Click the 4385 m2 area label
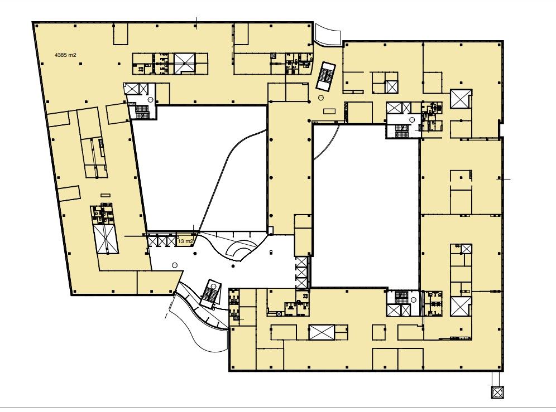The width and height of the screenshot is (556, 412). [x=66, y=55]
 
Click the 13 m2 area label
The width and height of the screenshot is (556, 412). [x=185, y=241]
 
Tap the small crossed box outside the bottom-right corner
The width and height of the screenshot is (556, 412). [x=497, y=392]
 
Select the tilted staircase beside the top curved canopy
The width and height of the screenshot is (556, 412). [x=326, y=76]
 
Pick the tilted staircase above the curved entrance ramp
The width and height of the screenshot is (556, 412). [x=210, y=294]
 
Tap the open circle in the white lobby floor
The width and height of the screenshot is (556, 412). [x=174, y=265]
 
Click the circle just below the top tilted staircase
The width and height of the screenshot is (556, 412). [x=321, y=98]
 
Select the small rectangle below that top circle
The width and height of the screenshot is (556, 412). [x=329, y=112]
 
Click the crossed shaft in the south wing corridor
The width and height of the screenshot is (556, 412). [x=321, y=332]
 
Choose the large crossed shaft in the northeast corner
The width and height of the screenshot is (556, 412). [x=461, y=99]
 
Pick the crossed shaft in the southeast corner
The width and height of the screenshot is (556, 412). [x=461, y=307]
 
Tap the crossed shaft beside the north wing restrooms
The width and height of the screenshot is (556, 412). [x=184, y=64]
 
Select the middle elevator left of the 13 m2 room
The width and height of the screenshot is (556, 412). [x=162, y=241]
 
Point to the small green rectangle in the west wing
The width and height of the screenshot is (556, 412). [x=105, y=195]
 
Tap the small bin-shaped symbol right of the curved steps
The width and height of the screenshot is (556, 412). [x=271, y=252]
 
